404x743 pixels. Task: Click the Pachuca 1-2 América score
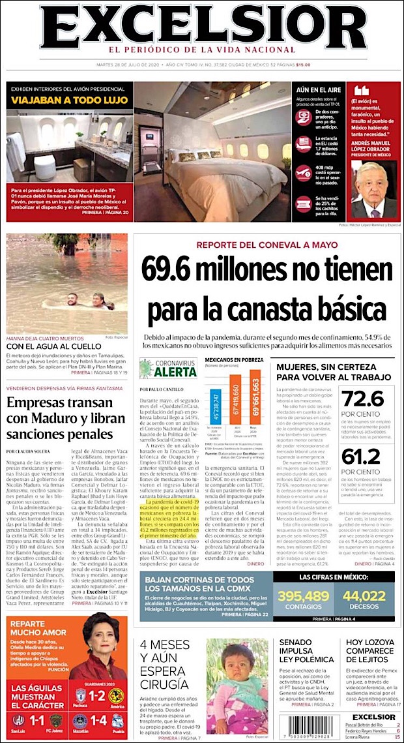[98, 696]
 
